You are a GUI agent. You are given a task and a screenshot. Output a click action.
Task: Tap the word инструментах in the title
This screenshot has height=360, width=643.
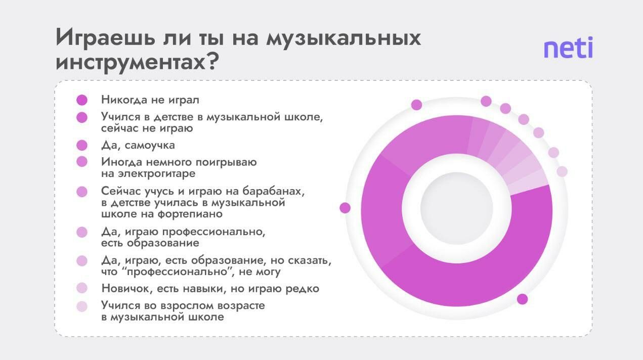(130, 63)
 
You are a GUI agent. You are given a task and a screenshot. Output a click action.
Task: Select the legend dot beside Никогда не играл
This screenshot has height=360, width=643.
(82, 100)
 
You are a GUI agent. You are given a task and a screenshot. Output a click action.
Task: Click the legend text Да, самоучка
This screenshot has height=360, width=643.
(138, 146)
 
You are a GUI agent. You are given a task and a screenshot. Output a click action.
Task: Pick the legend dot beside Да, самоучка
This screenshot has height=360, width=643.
(82, 146)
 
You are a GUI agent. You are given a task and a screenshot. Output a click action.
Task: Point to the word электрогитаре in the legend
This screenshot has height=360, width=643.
(157, 173)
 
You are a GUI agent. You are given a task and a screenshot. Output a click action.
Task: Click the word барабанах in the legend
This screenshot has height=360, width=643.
(272, 191)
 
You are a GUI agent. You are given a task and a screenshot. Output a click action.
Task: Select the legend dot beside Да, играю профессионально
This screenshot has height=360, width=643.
(82, 232)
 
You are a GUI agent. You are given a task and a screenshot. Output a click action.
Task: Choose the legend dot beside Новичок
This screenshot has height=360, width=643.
(82, 288)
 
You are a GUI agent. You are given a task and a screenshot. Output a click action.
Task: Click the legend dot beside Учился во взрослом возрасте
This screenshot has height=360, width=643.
(82, 306)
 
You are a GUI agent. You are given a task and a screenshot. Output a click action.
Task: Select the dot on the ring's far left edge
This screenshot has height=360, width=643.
(345, 208)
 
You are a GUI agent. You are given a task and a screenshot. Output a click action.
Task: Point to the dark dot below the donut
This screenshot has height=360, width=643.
(523, 299)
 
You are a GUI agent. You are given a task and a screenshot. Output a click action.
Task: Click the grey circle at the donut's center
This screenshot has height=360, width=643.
(457, 208)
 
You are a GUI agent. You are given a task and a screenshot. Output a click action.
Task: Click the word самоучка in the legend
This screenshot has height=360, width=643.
(150, 146)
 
